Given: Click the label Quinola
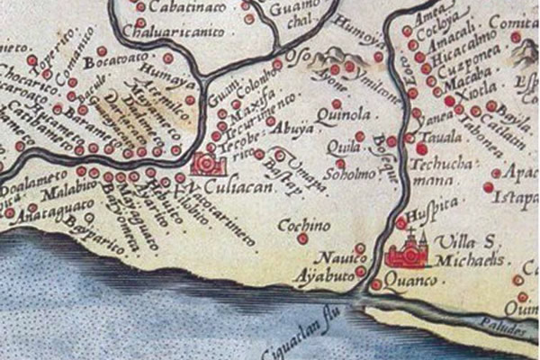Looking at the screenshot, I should tap(339, 116).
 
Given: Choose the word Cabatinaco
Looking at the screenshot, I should tap(180, 7).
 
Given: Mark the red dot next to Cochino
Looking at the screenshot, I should tap(303, 238).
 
